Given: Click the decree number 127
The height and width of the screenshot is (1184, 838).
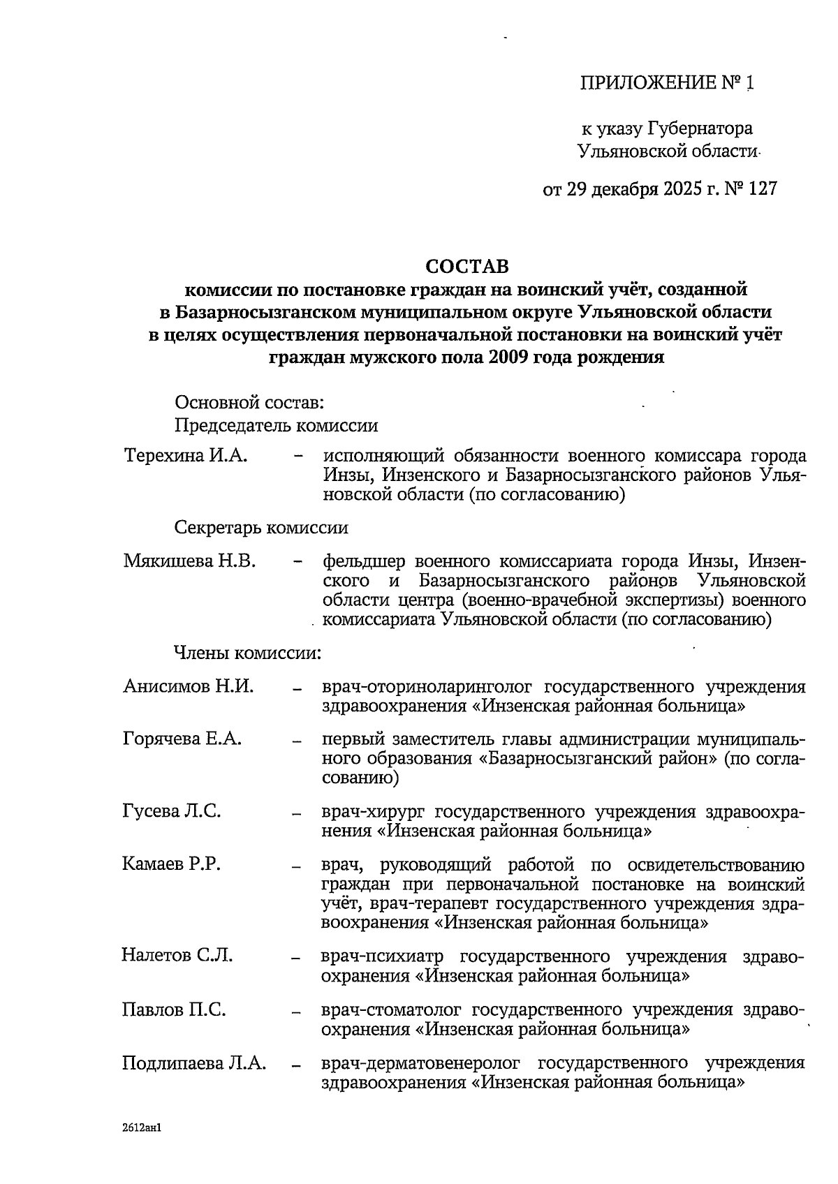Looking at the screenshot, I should pos(762,189).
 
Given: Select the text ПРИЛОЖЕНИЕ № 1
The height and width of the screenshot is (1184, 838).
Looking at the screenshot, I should pos(667,84).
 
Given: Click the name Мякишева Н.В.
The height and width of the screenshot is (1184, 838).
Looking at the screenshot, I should pos(189,561).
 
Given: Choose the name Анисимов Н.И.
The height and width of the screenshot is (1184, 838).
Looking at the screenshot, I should pos(188,686).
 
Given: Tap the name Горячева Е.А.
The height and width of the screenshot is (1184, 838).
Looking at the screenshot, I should pos(182,739).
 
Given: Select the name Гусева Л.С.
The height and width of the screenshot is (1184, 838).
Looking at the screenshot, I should pos(172,811).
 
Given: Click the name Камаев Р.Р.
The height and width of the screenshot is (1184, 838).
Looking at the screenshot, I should pos(171,864).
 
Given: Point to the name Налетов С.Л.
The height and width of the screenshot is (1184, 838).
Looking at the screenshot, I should pos(177,955).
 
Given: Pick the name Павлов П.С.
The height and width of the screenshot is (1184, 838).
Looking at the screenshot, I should pos(175,1009).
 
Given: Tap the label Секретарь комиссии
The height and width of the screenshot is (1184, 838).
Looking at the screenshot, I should pos(261,528).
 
